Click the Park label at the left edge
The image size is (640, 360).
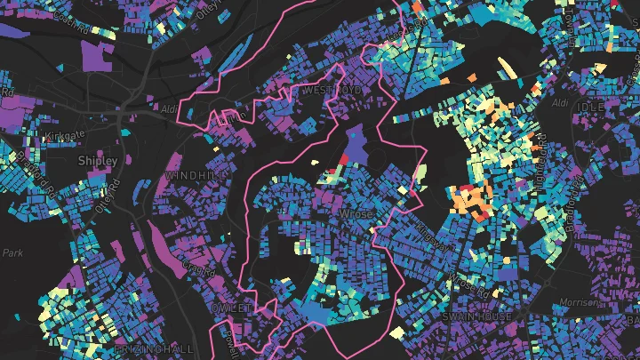coord(12,253)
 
